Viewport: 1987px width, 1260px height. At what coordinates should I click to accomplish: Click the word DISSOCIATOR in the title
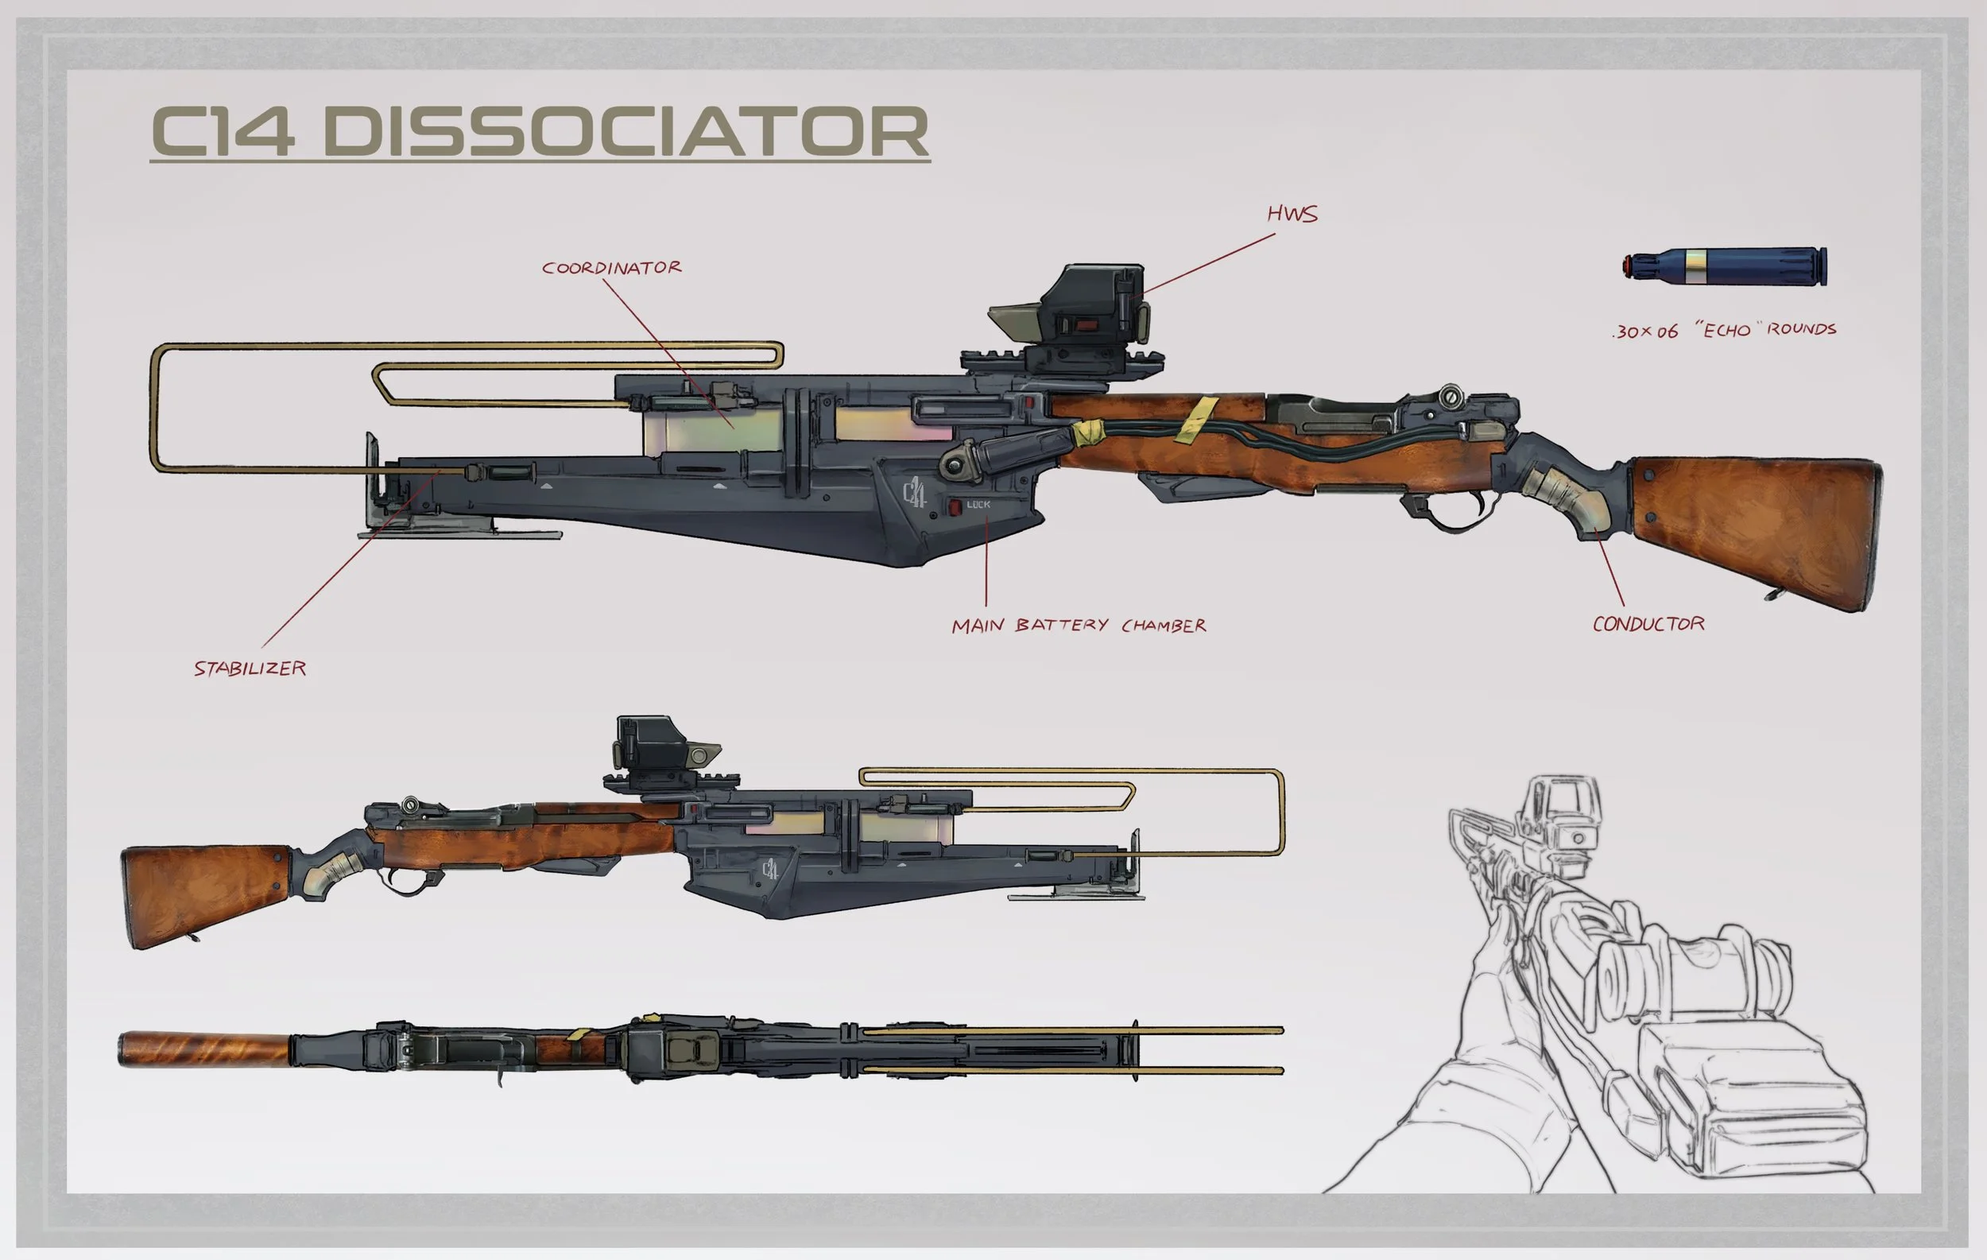click(x=626, y=132)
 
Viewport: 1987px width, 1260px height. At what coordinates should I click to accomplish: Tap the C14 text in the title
click(x=223, y=132)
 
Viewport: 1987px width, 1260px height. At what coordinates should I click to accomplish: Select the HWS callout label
click(x=1292, y=215)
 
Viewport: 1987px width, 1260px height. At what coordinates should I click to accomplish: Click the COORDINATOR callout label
click(x=611, y=268)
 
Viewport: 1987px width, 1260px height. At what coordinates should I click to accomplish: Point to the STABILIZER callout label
click(x=250, y=669)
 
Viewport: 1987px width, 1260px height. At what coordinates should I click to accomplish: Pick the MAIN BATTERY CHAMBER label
click(x=1079, y=626)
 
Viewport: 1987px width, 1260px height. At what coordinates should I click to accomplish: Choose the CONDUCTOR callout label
click(x=1648, y=624)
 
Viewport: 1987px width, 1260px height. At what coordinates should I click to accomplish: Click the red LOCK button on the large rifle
click(x=955, y=506)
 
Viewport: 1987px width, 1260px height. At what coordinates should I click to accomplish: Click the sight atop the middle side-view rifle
click(x=660, y=746)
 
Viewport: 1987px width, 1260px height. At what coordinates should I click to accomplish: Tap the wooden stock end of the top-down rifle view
click(x=203, y=1048)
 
